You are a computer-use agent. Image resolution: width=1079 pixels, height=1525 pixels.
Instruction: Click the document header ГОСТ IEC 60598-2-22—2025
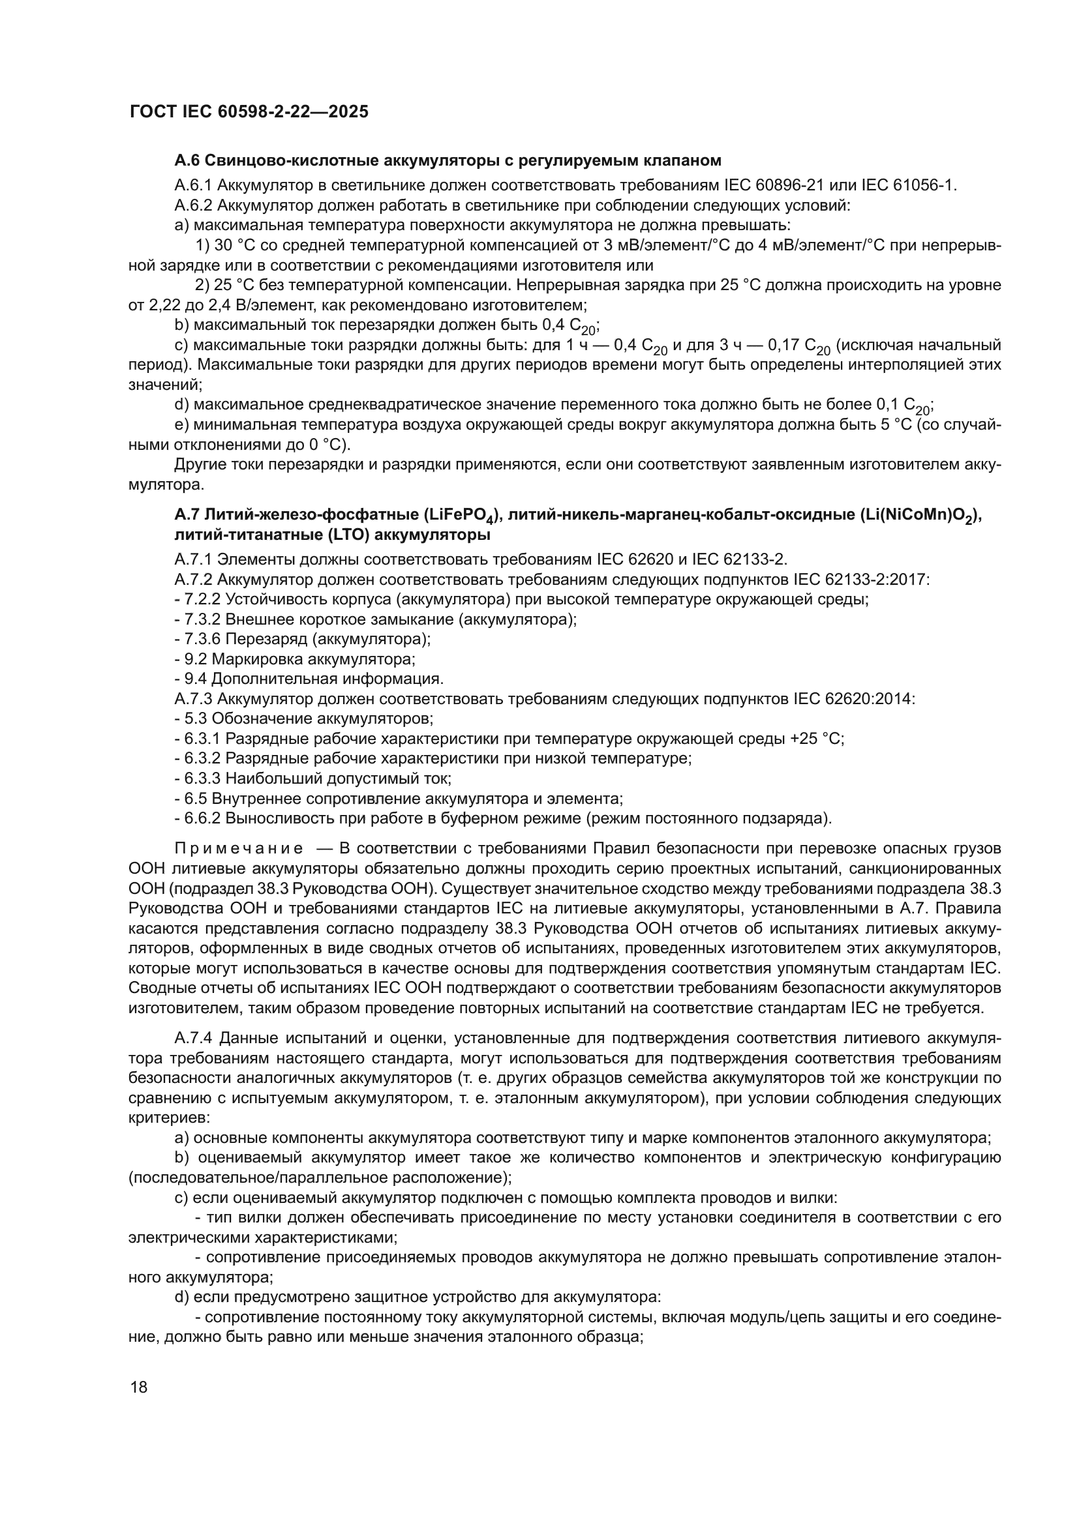click(x=249, y=112)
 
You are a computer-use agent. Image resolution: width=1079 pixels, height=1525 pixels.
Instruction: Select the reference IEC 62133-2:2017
click(x=861, y=579)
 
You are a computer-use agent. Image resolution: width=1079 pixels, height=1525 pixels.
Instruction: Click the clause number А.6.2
click(x=193, y=205)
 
